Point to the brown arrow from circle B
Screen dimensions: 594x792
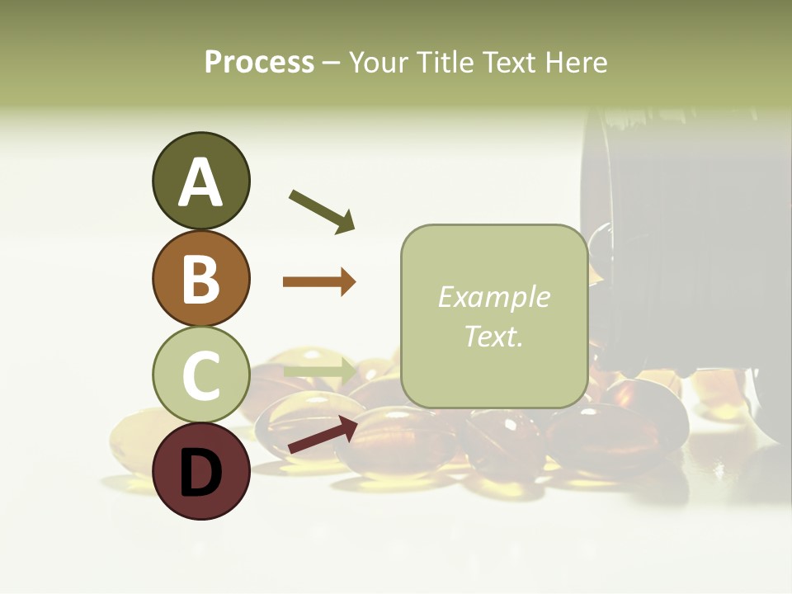(319, 282)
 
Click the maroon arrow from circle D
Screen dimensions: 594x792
(322, 435)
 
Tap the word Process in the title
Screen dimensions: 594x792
(259, 63)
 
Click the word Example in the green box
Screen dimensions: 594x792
(493, 298)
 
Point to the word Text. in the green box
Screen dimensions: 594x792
(493, 337)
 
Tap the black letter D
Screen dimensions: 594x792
(200, 473)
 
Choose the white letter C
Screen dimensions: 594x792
(200, 375)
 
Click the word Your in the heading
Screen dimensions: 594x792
(378, 63)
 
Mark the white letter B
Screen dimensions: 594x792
(200, 278)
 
